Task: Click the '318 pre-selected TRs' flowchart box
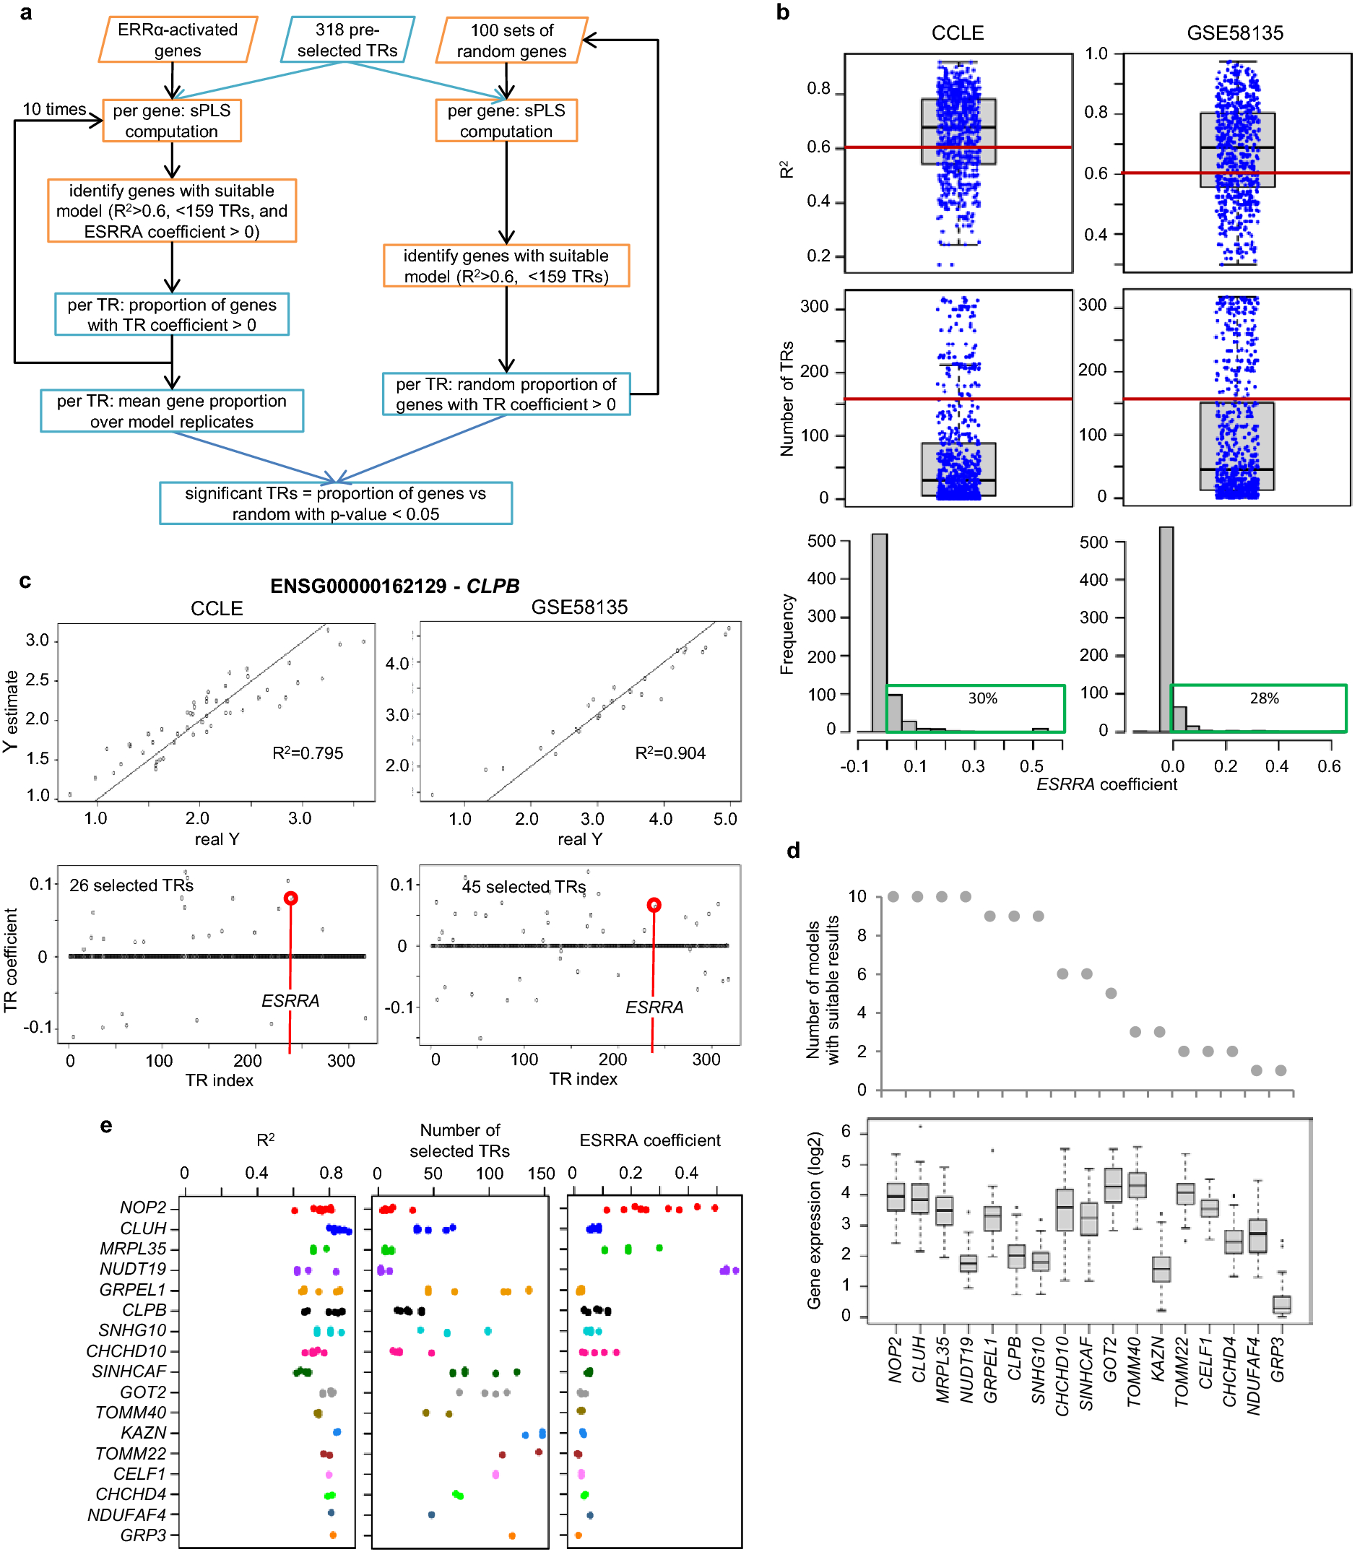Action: pyautogui.click(x=347, y=40)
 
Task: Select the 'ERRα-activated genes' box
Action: pyautogui.click(x=178, y=40)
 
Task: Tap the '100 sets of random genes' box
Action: pyautogui.click(x=511, y=40)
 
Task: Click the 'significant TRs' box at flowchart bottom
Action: pyautogui.click(x=336, y=503)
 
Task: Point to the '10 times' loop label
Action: pyautogui.click(x=54, y=109)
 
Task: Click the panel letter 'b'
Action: pyautogui.click(x=783, y=12)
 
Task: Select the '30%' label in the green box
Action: pyautogui.click(x=981, y=698)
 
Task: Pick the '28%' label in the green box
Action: pyautogui.click(x=1263, y=698)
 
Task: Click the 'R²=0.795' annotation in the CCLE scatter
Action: pyautogui.click(x=308, y=753)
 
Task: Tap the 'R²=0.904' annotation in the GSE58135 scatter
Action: pyautogui.click(x=669, y=753)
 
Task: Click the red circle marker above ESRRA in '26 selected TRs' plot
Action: pyautogui.click(x=290, y=898)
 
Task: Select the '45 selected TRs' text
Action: pyautogui.click(x=523, y=886)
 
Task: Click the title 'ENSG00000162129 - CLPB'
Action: pyautogui.click(x=395, y=586)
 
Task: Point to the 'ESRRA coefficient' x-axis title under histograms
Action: pyautogui.click(x=1106, y=784)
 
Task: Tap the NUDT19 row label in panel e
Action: pyautogui.click(x=133, y=1269)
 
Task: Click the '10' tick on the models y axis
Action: pyautogui.click(x=857, y=897)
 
